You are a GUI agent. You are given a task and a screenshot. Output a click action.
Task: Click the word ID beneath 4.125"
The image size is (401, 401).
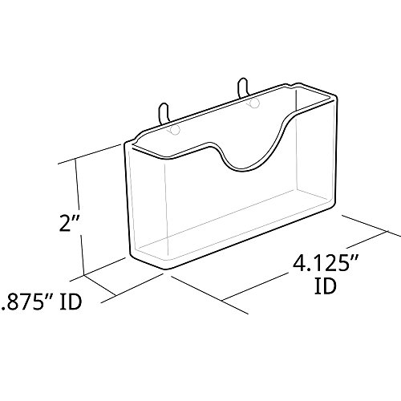325,286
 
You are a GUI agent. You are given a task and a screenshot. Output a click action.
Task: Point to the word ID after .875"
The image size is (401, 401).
71,302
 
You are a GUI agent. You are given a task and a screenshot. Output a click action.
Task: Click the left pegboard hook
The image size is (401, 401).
164,114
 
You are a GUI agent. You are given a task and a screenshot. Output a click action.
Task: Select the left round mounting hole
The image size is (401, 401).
175,131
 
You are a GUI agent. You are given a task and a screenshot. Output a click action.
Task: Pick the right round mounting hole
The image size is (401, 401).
253,103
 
